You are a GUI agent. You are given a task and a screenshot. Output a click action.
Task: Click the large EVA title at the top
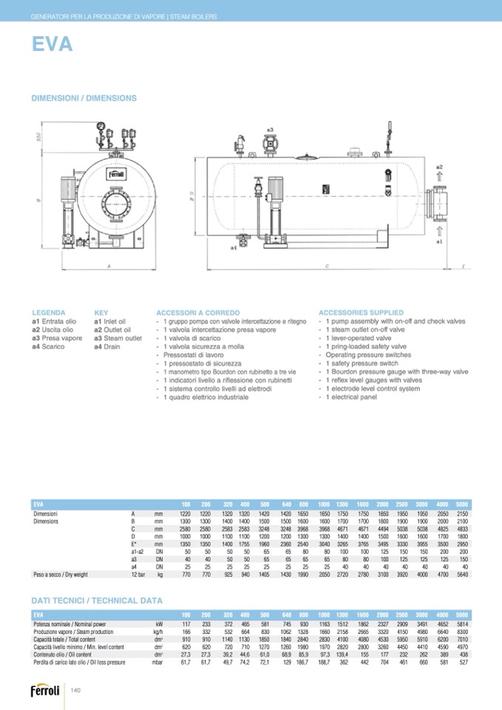tap(52, 45)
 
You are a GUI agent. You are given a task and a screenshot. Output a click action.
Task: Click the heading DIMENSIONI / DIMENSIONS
tap(84, 98)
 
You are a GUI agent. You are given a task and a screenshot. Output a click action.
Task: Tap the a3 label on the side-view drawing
tap(270, 130)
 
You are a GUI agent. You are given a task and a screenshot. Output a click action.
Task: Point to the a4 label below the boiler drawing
tap(233, 247)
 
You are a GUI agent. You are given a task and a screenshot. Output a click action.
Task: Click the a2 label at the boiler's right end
tap(439, 167)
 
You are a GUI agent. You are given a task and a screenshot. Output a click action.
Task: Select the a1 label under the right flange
tap(439, 241)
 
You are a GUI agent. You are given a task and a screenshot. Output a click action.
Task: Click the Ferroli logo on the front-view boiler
tap(116, 175)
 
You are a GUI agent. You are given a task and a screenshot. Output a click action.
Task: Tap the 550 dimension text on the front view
tap(39, 138)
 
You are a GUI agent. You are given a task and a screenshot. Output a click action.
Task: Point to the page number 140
tap(76, 691)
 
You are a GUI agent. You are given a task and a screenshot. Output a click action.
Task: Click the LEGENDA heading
tap(49, 313)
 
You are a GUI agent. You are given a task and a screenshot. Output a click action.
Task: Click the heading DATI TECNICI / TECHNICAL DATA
tap(96, 600)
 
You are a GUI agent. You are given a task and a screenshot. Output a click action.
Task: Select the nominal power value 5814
tap(462, 624)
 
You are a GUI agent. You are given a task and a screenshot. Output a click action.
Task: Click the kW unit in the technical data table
tap(158, 624)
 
